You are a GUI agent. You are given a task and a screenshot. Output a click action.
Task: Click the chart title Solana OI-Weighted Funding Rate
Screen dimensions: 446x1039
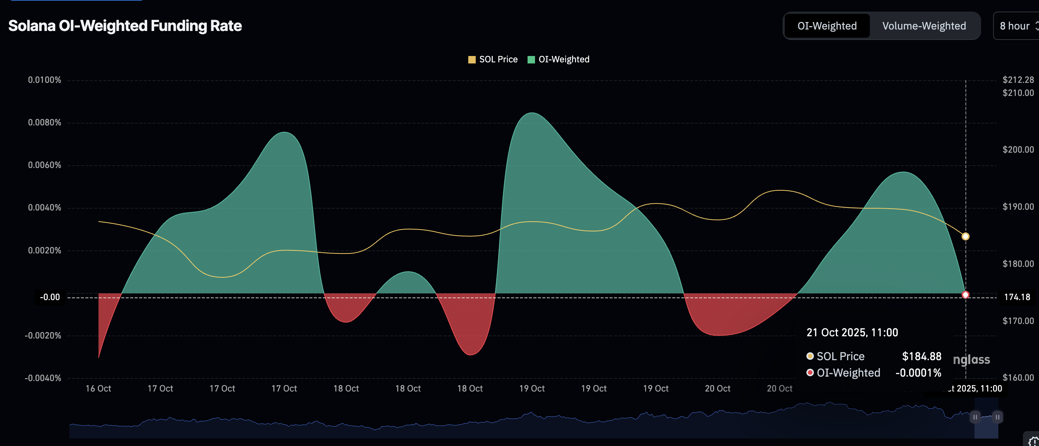pos(125,26)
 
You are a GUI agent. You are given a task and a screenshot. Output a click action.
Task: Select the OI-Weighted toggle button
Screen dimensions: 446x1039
pos(827,26)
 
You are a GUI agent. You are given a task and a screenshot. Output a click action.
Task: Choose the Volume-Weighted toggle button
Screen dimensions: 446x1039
pos(924,26)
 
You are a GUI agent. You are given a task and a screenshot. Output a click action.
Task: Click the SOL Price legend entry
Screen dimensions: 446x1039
pos(493,59)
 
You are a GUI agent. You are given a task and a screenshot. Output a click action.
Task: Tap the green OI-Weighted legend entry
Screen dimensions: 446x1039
pos(559,59)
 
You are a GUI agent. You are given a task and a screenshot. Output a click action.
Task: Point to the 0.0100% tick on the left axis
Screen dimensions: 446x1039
pos(44,80)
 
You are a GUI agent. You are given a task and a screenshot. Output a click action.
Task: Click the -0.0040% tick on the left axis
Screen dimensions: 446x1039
pos(43,378)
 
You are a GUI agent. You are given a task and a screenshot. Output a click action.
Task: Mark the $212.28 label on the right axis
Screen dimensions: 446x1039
pos(1018,80)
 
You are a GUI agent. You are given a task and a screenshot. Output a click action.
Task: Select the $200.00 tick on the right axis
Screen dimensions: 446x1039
pos(1018,150)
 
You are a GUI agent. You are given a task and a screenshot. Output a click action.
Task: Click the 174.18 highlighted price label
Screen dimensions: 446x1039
pos(1017,297)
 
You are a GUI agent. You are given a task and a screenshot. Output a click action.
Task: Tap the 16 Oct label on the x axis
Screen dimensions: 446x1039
pos(99,388)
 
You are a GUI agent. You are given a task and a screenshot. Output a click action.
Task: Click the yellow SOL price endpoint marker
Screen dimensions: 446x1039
pos(965,237)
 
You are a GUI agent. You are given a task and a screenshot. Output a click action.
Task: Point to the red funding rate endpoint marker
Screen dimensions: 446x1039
pos(965,295)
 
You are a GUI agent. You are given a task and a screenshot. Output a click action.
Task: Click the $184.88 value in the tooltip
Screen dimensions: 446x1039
pos(922,356)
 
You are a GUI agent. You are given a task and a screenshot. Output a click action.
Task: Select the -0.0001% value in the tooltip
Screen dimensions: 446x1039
pos(918,372)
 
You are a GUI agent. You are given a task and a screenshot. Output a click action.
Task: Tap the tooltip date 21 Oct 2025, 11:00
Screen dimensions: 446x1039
pos(852,332)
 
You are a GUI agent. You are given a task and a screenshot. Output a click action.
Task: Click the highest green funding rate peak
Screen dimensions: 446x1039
pos(532,113)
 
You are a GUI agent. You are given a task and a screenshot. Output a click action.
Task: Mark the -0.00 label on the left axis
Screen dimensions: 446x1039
pos(50,297)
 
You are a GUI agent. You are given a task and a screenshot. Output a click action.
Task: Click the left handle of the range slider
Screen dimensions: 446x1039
pos(975,417)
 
